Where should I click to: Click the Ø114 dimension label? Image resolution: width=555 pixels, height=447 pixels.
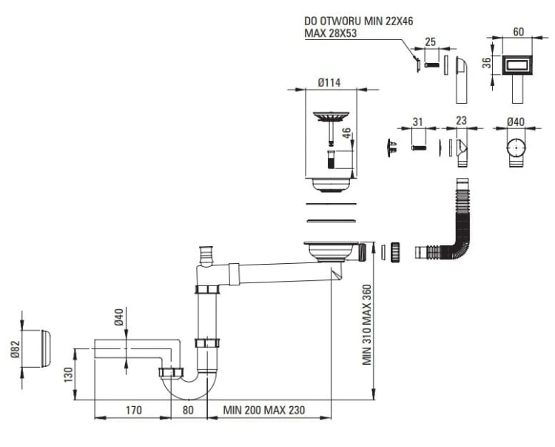329,83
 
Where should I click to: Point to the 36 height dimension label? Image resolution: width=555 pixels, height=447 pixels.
488,64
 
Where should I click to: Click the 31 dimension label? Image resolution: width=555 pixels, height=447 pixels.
417,122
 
